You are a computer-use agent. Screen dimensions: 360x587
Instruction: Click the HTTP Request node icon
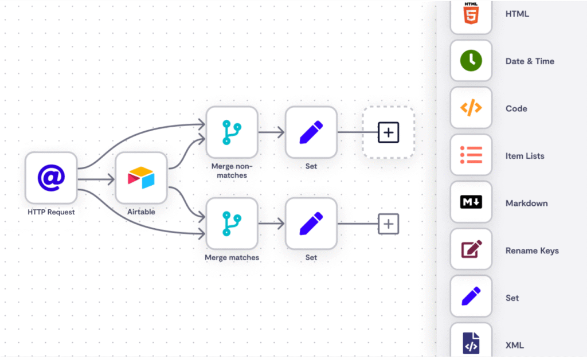tap(51, 178)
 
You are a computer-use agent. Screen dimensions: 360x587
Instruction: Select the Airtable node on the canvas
tap(141, 178)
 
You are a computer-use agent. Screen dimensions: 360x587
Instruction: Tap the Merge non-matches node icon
tap(232, 132)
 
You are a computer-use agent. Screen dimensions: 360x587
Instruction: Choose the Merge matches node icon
tap(232, 224)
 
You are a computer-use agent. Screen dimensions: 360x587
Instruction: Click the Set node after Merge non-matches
tap(311, 132)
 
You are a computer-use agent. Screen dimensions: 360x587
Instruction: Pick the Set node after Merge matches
tap(311, 224)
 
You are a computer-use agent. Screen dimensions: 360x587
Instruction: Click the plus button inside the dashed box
tap(388, 132)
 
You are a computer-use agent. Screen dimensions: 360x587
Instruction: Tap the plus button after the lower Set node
tap(388, 224)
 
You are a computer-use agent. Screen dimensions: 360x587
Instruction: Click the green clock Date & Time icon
tap(471, 61)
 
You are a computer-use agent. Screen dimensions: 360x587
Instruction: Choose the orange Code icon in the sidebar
tap(471, 108)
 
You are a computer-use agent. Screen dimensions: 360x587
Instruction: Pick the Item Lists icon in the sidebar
tap(471, 155)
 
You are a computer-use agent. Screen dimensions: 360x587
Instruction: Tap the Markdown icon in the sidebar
tap(471, 202)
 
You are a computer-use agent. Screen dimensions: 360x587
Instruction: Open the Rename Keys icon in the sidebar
tap(471, 250)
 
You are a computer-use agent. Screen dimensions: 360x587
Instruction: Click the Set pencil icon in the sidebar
tap(471, 297)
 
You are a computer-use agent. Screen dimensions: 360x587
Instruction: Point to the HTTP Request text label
tap(51, 212)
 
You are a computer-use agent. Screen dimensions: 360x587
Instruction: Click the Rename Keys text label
tap(532, 251)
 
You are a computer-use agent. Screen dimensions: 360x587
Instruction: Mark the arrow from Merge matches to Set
tap(272, 224)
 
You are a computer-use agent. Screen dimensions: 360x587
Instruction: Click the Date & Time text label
tap(530, 61)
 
